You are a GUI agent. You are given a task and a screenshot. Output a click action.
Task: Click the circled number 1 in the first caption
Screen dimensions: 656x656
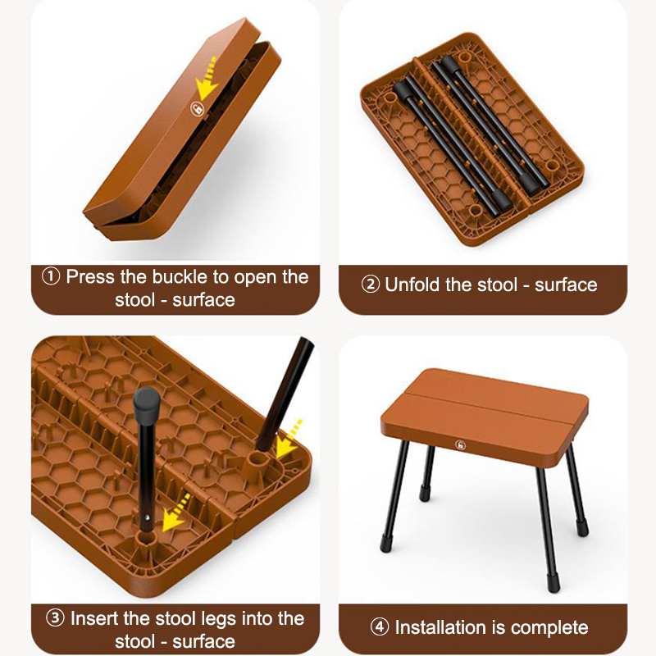click(51, 276)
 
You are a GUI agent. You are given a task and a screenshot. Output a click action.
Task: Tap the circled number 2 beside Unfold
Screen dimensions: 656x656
click(371, 285)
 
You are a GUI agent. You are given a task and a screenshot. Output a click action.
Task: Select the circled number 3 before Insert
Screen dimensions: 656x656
click(55, 618)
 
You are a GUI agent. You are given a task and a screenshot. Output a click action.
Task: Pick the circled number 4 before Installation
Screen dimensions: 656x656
click(380, 627)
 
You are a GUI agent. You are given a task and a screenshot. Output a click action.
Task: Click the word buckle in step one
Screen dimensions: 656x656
click(180, 276)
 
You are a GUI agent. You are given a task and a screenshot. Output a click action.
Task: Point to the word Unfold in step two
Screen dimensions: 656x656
click(412, 285)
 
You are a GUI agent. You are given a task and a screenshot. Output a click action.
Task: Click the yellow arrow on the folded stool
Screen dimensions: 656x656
click(207, 80)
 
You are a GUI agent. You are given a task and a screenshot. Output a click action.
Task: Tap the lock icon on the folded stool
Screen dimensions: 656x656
click(197, 109)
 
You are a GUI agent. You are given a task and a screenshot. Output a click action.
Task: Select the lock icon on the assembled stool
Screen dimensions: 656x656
click(461, 445)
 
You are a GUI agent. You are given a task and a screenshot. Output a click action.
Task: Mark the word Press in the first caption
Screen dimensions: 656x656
click(90, 276)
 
